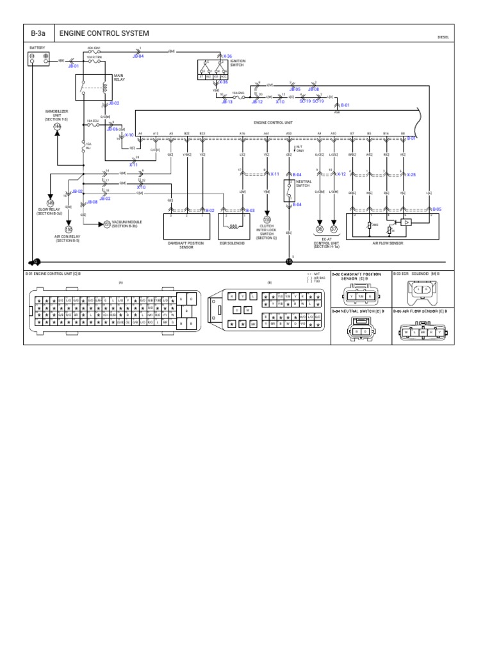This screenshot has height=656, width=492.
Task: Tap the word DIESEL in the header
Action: (443, 37)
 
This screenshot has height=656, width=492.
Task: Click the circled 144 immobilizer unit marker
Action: (57, 126)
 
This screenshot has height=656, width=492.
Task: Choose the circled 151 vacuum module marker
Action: (107, 224)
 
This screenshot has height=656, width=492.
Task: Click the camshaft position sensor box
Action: (186, 226)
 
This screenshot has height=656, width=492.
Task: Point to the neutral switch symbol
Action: (289, 188)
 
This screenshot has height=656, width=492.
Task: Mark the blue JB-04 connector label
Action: (138, 56)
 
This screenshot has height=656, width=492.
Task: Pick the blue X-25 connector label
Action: (411, 174)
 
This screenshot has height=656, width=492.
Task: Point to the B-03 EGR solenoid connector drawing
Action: (422, 293)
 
